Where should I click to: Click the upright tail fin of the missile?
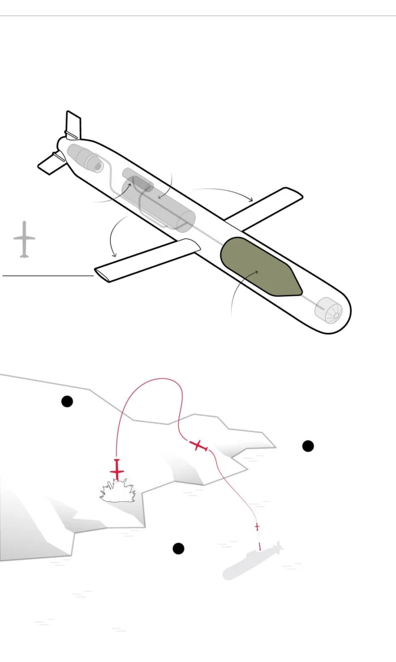tap(73, 125)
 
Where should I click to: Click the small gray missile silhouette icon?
tap(24, 240)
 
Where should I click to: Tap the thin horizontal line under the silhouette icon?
tap(48, 276)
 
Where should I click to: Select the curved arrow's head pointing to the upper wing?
tap(251, 200)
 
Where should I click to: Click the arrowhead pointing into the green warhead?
tap(257, 272)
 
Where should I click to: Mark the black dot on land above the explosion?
tap(67, 402)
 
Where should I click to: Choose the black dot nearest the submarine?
tap(178, 548)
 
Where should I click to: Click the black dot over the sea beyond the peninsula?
tap(308, 446)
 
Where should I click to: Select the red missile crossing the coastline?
tap(199, 446)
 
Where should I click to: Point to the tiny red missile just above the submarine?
tap(257, 527)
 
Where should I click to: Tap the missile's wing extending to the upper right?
tap(266, 204)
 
